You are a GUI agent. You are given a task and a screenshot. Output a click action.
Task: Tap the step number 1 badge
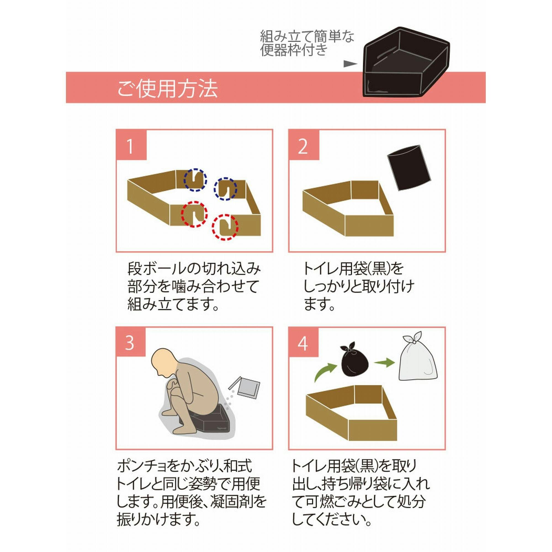coord(131,145)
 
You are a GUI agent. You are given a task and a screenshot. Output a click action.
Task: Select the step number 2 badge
coord(304,145)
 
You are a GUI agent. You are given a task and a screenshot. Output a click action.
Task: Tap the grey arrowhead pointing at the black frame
coord(350,64)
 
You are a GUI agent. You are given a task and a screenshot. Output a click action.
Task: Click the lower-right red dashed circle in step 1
coord(225,227)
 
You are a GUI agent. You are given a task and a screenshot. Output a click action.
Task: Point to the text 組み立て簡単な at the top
coord(307,37)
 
